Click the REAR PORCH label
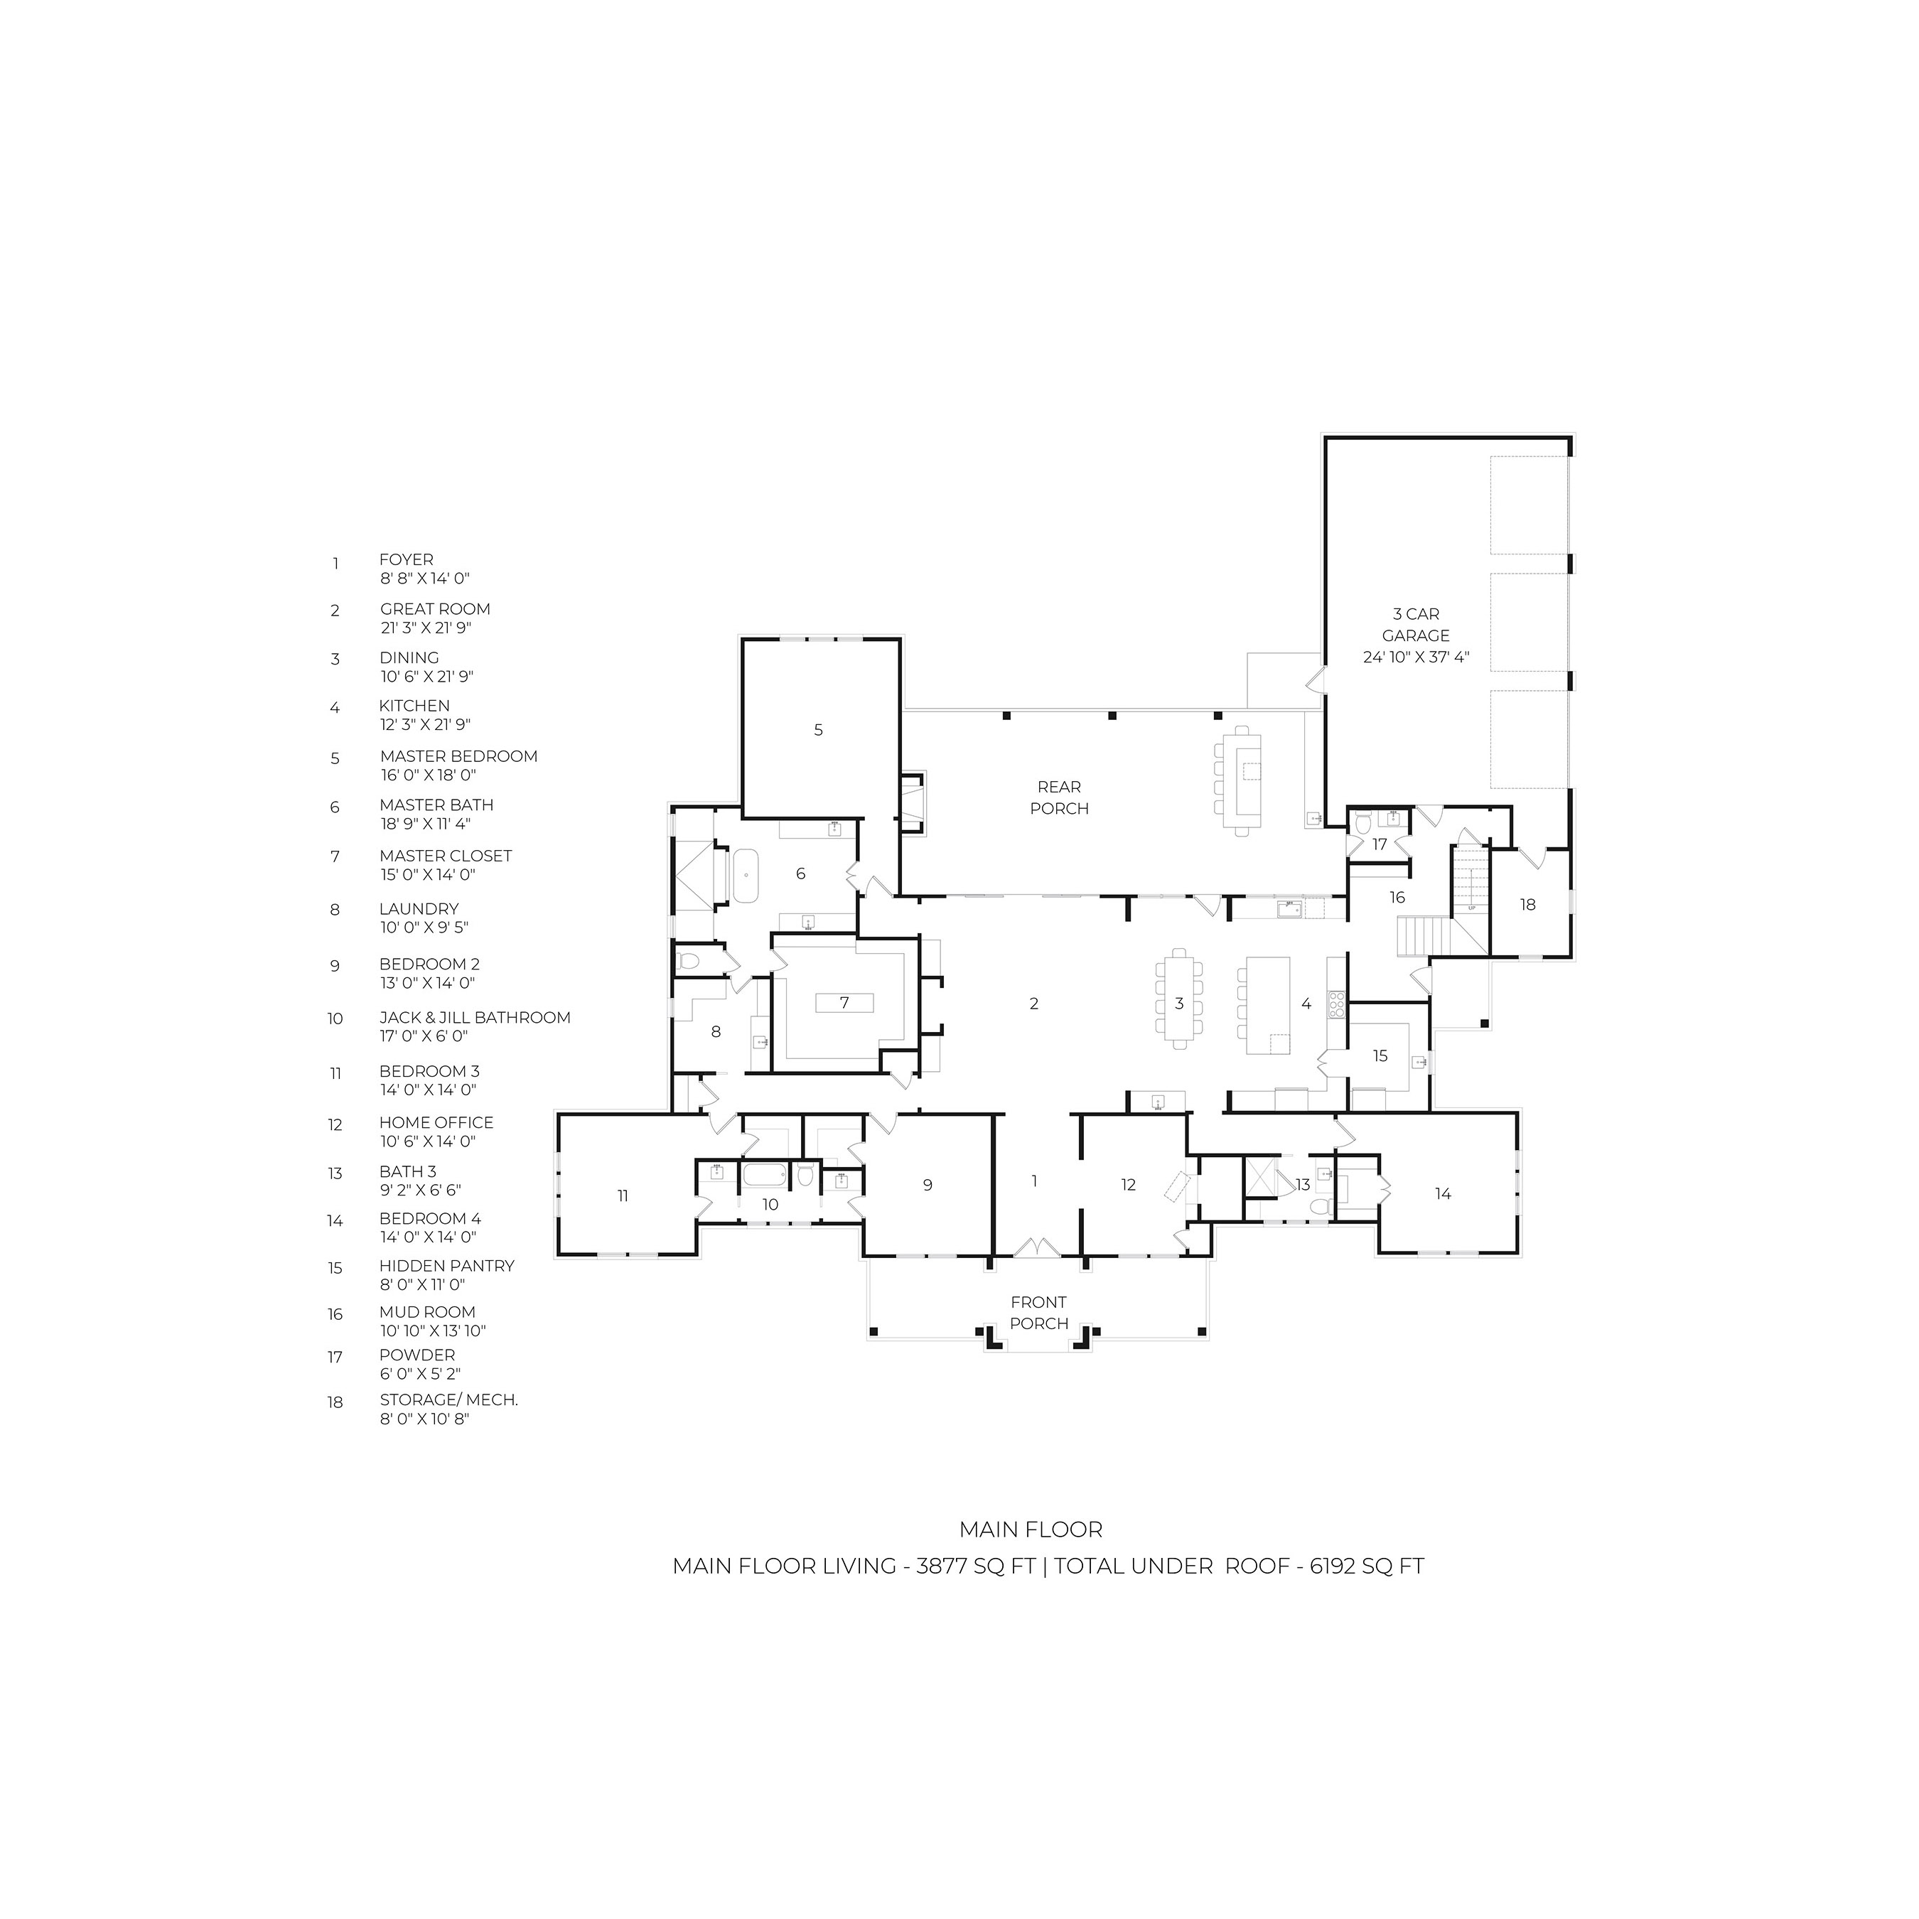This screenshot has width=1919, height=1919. [1059, 797]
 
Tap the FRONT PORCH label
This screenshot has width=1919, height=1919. [1039, 1312]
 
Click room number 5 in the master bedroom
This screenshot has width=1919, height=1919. [819, 730]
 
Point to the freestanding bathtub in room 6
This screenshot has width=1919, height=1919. [745, 875]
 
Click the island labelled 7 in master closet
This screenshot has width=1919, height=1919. [844, 1002]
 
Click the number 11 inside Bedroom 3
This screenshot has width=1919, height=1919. [623, 1196]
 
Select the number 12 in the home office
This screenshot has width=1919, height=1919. [1129, 1184]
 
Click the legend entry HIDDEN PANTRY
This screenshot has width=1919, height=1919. [447, 1265]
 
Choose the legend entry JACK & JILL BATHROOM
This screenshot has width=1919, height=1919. [475, 1017]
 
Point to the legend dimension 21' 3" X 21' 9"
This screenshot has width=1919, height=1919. [426, 628]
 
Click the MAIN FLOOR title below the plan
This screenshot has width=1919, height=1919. [1031, 1530]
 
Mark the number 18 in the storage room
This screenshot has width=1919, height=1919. [1527, 905]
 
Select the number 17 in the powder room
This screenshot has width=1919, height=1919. [1380, 844]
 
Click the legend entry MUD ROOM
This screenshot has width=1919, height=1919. [427, 1312]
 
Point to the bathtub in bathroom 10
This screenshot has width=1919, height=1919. [765, 1175]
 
